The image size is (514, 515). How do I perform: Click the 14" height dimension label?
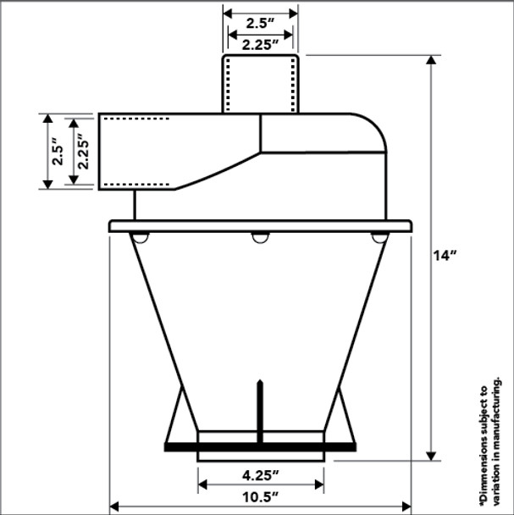coord(445,256)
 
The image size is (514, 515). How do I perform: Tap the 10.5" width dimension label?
coord(260,497)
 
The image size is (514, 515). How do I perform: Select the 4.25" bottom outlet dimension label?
coord(260,475)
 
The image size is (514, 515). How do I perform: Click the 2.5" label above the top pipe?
coord(260,24)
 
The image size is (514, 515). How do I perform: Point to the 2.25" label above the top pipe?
coord(260,45)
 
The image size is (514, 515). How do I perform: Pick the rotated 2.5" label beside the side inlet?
coord(58,152)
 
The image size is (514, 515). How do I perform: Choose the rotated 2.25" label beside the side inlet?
coord(83,152)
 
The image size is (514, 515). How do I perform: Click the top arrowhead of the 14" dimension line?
coord(431,60)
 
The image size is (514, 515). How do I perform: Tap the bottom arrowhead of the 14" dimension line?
coord(431,456)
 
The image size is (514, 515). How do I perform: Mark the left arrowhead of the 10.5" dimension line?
coord(114,507)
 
